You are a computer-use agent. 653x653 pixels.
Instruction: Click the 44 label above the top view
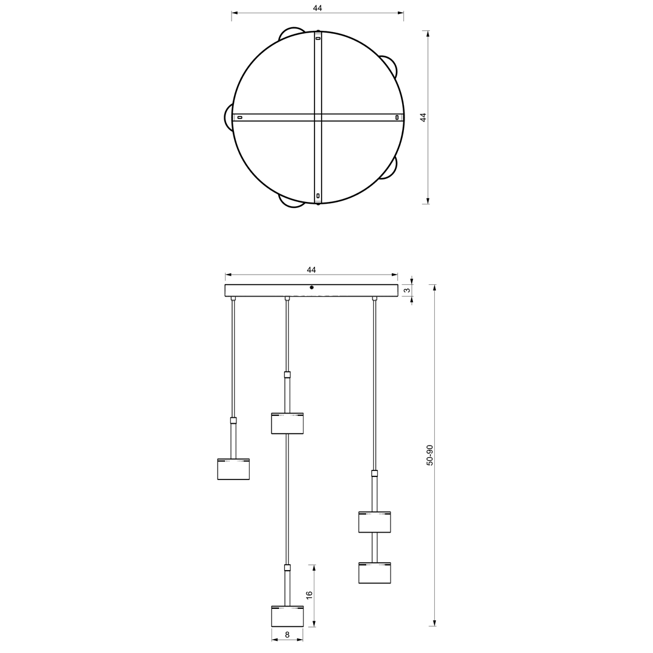317,8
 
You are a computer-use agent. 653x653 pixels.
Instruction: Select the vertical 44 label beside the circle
423,117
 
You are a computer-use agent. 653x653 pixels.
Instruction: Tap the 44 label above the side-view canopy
311,270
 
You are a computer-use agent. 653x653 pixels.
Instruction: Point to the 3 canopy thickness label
407,290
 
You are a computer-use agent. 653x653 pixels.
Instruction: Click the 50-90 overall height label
430,455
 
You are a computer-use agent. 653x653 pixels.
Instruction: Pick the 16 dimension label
309,595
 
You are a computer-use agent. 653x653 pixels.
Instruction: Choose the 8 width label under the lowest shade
287,635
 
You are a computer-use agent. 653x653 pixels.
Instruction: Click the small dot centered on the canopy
311,287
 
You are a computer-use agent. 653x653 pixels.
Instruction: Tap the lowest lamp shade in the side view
287,616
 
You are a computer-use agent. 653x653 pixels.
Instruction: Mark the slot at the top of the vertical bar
318,38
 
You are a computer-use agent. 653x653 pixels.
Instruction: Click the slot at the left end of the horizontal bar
240,117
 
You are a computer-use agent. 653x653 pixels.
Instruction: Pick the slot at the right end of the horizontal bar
397,117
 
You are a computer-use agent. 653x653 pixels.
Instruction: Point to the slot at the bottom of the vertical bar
318,196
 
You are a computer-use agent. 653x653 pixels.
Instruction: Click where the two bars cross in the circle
318,117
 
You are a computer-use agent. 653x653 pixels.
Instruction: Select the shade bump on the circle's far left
229,117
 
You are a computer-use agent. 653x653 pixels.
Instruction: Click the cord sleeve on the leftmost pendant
233,420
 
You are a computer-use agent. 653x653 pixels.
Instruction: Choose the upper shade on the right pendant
374,522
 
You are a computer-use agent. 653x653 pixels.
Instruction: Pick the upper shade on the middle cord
287,424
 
